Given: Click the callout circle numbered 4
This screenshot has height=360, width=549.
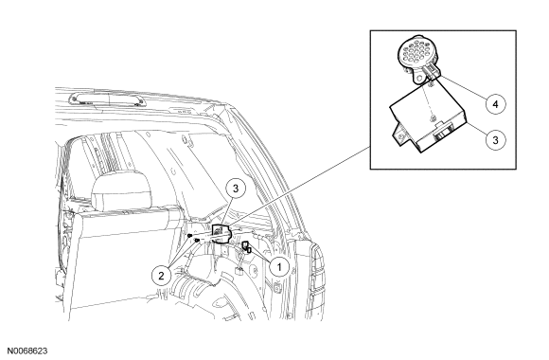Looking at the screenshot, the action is click(495, 104).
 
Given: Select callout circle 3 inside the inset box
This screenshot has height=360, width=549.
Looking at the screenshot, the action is click(495, 140).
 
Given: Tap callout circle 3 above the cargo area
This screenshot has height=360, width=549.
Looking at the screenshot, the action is click(236, 189).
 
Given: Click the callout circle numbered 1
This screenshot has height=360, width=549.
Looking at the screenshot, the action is click(279, 267).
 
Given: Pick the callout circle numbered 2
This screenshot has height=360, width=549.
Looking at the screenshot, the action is click(161, 275).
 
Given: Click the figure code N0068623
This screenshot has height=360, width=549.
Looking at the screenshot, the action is click(27, 351).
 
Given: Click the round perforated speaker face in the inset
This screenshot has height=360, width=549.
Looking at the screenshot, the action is click(416, 54).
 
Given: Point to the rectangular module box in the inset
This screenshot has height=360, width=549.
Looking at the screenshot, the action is click(428, 118).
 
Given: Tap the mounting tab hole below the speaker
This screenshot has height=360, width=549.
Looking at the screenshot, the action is click(417, 79).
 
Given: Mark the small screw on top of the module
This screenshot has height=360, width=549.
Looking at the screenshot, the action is click(434, 117).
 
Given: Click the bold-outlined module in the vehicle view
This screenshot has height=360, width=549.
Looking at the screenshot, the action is click(221, 233).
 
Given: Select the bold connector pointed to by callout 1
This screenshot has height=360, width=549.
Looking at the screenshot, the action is click(246, 246).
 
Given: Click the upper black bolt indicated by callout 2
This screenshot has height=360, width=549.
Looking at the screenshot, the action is click(189, 236).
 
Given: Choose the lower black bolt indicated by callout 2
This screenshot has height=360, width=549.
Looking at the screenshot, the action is click(197, 240).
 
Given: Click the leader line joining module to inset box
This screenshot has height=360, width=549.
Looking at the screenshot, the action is click(299, 186).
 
